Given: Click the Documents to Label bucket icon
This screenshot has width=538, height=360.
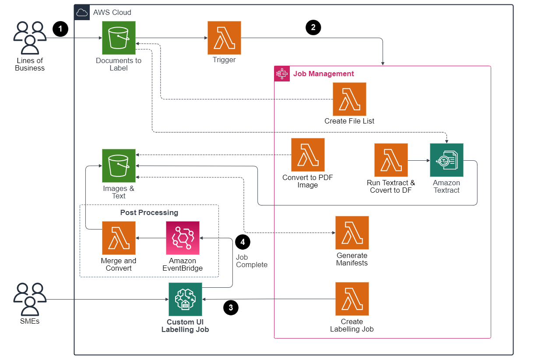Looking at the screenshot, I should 119,38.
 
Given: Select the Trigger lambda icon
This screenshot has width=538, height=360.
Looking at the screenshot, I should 224,38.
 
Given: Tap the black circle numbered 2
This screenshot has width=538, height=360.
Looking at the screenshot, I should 313,28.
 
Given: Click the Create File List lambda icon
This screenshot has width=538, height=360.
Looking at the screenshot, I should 349,99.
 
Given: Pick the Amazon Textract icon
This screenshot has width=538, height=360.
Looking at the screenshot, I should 447,160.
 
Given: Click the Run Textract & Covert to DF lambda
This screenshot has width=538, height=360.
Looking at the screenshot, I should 391,160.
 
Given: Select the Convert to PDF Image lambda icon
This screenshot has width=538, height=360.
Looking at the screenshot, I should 308,155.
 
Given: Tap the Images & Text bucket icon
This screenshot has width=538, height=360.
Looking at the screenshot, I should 119,166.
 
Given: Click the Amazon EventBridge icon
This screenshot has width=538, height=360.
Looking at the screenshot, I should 183,238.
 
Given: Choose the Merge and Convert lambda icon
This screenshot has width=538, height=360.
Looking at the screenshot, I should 119,238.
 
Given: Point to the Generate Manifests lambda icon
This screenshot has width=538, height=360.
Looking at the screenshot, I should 352,233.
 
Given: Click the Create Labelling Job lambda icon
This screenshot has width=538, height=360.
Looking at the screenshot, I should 352,299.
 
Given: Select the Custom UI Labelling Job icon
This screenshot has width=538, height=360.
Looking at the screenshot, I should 185,299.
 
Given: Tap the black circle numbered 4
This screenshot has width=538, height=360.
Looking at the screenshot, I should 243,241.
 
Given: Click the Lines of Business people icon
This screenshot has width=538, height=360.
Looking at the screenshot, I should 30,38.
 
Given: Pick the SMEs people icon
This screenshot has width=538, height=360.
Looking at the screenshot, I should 30,300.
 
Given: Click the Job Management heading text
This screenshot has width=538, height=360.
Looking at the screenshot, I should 324,74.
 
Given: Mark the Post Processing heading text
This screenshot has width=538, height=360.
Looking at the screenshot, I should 149,212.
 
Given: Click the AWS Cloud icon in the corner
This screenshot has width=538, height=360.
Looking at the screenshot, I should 82,12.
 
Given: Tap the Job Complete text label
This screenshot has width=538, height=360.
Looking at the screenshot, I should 251,261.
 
